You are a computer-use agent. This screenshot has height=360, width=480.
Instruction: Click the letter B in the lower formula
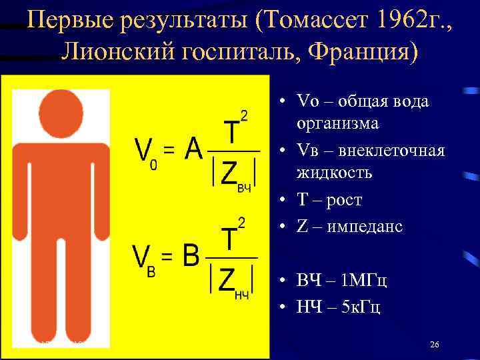192,253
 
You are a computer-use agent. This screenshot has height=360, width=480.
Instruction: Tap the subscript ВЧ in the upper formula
244,189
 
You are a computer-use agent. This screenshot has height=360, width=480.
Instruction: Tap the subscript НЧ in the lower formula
242,294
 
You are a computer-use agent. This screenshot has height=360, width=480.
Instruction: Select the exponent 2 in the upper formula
244,117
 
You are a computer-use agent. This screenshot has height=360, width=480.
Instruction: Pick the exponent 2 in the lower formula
241,223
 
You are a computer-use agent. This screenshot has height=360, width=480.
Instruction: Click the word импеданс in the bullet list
364,227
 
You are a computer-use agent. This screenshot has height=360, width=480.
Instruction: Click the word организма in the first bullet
338,123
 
